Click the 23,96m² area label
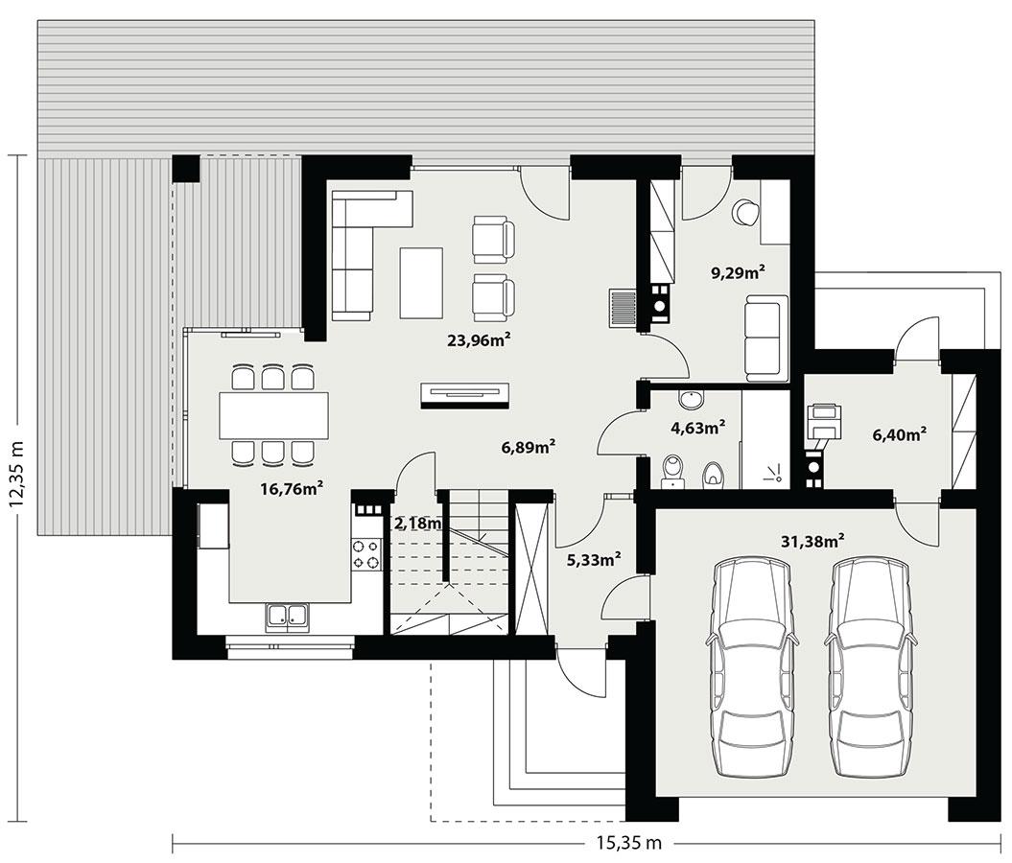[479, 338]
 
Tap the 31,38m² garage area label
[812, 541]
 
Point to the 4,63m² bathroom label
[697, 428]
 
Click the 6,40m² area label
[899, 434]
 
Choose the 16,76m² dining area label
[291, 489]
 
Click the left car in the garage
[751, 667]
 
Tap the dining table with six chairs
[273, 415]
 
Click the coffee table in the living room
[422, 283]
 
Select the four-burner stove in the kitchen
[367, 554]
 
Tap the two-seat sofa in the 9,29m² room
[766, 338]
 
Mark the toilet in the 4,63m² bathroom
[674, 469]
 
